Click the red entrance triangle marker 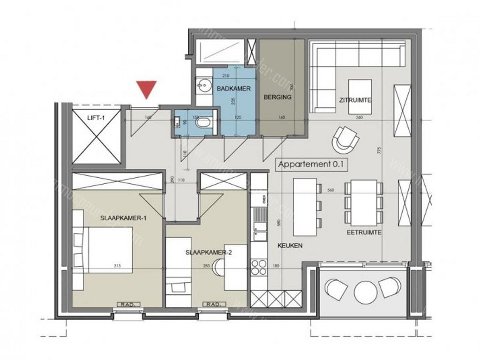tap(147, 89)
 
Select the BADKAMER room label tap(233, 88)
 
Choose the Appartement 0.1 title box tap(307, 165)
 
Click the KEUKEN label tap(290, 245)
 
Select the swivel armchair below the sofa tap(346, 139)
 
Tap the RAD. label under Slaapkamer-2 tap(213, 305)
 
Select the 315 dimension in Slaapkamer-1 tap(117, 266)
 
